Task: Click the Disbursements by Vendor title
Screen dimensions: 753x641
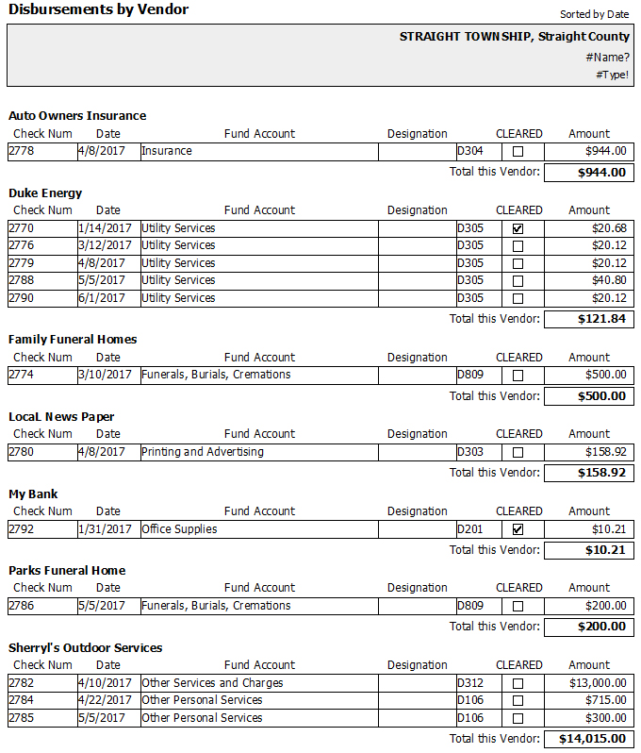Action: (x=98, y=10)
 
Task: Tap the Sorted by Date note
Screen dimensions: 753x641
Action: (x=594, y=14)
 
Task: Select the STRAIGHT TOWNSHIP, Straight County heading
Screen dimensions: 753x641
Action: (x=514, y=37)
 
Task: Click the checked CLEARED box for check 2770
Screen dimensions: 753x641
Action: (x=518, y=228)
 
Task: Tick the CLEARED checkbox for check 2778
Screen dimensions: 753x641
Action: (x=518, y=151)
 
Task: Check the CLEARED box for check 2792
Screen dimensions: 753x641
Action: (x=518, y=529)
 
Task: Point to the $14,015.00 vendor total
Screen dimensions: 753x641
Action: (x=590, y=739)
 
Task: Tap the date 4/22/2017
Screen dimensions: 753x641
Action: (x=103, y=700)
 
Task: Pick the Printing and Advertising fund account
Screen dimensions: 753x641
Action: (x=203, y=452)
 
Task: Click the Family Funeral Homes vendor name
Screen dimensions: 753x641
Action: (x=73, y=340)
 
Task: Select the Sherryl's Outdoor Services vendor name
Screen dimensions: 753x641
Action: (x=86, y=648)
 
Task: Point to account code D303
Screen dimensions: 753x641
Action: (x=469, y=452)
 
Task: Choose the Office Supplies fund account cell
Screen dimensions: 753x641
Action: (x=179, y=529)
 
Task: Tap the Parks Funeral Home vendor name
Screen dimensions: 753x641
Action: (x=67, y=571)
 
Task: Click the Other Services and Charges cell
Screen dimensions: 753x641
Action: (x=212, y=683)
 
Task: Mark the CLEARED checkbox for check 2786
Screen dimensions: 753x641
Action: (x=518, y=606)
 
